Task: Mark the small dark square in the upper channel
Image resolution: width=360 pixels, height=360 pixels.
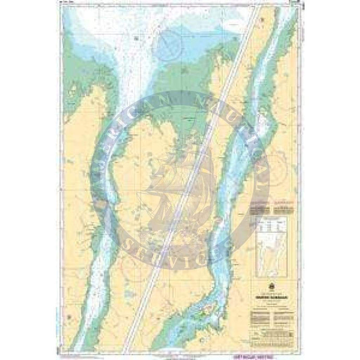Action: click(x=135, y=38)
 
